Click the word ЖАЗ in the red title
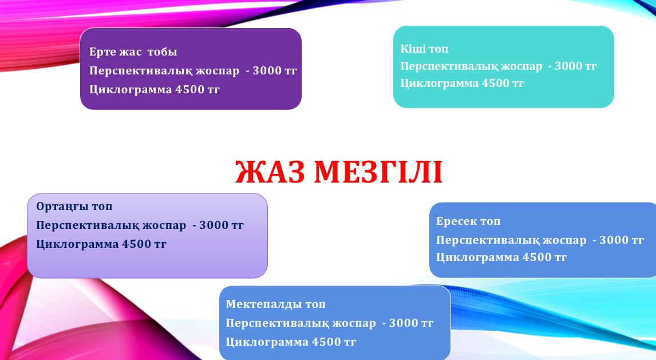270,172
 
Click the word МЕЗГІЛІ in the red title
378,172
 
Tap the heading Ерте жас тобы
133,52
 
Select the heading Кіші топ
424,49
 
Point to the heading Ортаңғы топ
74,206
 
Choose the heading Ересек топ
468,221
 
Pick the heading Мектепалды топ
276,304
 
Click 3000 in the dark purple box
267,70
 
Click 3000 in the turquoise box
569,66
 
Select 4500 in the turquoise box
495,83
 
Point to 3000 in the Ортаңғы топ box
214,225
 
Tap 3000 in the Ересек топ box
614,240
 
